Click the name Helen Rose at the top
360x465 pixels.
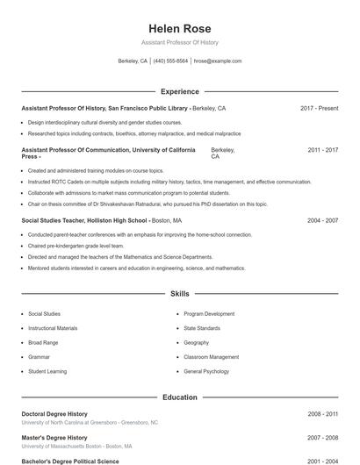(179, 29)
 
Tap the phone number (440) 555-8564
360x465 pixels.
(170, 61)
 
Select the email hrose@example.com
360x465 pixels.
(217, 61)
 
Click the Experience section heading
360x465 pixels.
(179, 91)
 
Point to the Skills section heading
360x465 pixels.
(179, 293)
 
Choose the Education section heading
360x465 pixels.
(179, 397)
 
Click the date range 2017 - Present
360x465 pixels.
(319, 108)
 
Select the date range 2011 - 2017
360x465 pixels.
(322, 150)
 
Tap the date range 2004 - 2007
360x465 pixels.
(322, 221)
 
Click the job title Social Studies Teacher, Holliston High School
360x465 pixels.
(84, 221)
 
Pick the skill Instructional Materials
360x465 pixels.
(53, 328)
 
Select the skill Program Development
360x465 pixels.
(209, 314)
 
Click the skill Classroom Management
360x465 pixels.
(211, 357)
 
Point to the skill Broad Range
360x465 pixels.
(43, 342)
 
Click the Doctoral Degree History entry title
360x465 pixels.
(54, 413)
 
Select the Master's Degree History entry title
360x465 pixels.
(54, 437)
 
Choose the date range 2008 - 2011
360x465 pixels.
(322, 413)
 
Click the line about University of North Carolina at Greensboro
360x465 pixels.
(90, 422)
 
